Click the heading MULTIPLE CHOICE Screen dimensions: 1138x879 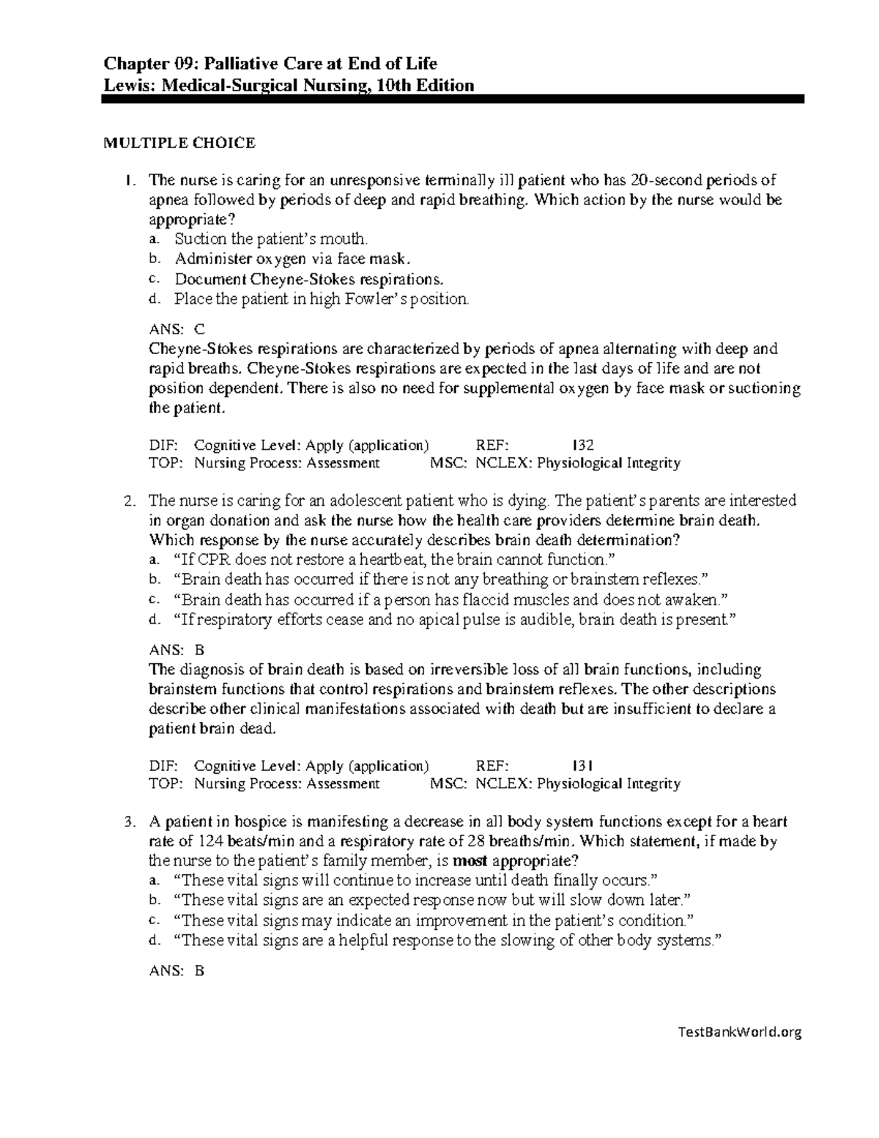click(x=179, y=144)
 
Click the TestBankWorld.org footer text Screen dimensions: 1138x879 click(x=740, y=1032)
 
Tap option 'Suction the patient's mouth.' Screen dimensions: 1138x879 click(x=271, y=239)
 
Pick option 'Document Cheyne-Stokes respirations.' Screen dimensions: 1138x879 click(x=308, y=279)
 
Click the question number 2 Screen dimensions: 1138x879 click(x=130, y=502)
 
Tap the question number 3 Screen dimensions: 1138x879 click(x=130, y=823)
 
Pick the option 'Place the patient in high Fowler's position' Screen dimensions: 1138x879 click(x=321, y=299)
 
